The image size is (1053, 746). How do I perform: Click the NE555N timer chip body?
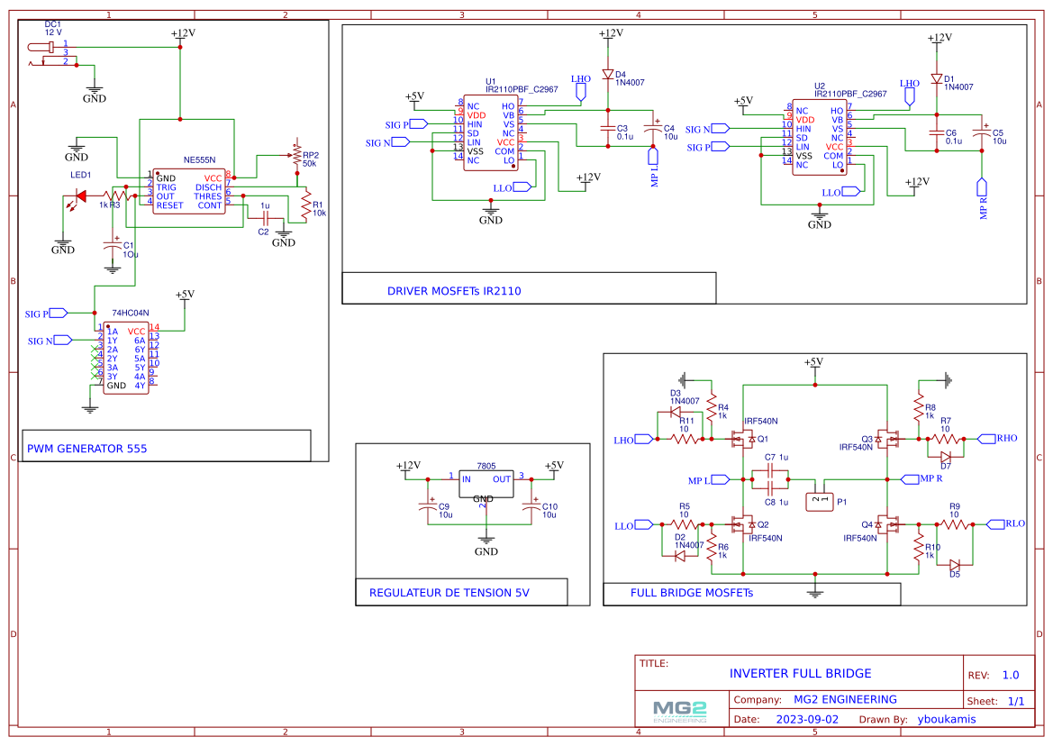(188, 190)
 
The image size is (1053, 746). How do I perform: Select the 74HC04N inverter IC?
(125, 358)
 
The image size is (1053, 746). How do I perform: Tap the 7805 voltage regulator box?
(486, 485)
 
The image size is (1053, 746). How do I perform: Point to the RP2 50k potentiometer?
(296, 156)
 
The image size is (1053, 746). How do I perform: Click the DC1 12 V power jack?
(44, 54)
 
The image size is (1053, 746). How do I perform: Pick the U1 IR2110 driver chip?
(491, 133)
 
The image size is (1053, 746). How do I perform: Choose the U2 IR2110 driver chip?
(819, 138)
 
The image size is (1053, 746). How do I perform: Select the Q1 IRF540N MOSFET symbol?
(743, 439)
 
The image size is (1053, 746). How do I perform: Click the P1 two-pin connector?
(819, 497)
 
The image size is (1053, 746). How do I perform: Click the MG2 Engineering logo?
(680, 711)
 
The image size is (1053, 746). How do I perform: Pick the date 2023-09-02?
(806, 719)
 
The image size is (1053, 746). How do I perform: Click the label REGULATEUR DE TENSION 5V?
(449, 593)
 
